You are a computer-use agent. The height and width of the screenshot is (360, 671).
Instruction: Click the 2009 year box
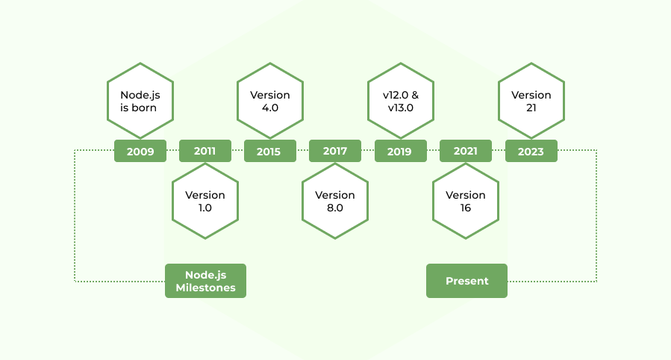coord(140,152)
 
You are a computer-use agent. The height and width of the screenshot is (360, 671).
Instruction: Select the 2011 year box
coord(205,151)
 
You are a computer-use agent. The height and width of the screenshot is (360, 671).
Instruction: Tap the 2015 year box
coord(269,152)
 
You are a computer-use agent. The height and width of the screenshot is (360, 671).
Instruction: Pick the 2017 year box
coord(335,151)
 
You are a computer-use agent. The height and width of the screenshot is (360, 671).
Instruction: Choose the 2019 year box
coord(399,152)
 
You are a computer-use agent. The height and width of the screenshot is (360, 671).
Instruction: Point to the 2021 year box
coord(465,151)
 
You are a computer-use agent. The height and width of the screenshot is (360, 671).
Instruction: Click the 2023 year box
coord(531,152)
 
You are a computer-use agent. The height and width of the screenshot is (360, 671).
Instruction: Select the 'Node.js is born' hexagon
coord(140,101)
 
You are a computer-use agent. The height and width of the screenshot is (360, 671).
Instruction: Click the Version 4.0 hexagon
coord(270,101)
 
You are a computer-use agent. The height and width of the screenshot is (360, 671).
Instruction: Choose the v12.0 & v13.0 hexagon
coord(400,101)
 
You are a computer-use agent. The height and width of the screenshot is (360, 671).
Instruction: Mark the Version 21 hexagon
coord(531,101)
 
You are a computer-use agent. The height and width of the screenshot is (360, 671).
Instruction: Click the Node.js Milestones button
coord(205,281)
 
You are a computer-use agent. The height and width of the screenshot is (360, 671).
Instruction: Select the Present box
coord(466,281)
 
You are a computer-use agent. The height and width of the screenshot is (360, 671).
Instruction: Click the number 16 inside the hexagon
coord(466,208)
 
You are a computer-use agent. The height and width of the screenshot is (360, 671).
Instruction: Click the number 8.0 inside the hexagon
coord(335,208)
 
